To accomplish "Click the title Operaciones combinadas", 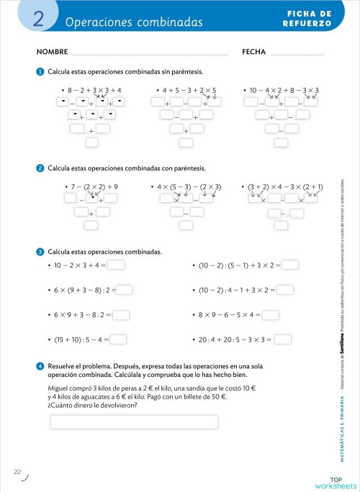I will pyautogui.click(x=134, y=22).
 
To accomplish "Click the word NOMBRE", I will pyautogui.click(x=52, y=52).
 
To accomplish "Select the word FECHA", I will pyautogui.click(x=254, y=52).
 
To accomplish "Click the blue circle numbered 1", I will pyautogui.click(x=40, y=71).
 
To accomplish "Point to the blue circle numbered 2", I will pyautogui.click(x=40, y=168).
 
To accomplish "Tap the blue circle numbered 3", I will pyautogui.click(x=40, y=252).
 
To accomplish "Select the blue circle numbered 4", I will pyautogui.click(x=40, y=365).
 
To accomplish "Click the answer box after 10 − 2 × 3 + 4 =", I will pyautogui.click(x=116, y=265).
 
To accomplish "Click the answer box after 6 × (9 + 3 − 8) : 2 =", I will pyautogui.click(x=125, y=290).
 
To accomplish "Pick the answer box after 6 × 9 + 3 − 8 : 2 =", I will pyautogui.click(x=121, y=314).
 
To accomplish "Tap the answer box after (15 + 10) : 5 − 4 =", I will pyautogui.click(x=119, y=340).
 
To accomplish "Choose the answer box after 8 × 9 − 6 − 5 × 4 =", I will pyautogui.click(x=271, y=314).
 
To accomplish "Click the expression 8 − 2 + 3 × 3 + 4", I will pyautogui.click(x=94, y=90).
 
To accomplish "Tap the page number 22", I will pyautogui.click(x=17, y=472).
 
